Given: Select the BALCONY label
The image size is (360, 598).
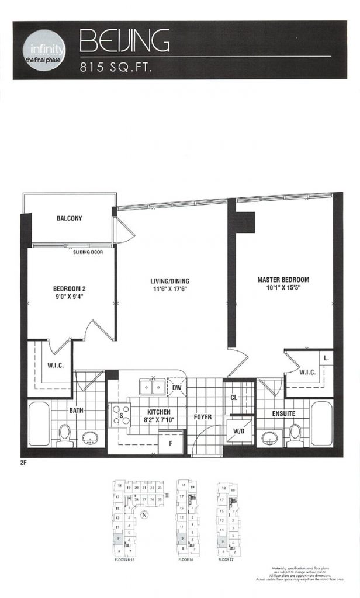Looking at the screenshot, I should (69, 219).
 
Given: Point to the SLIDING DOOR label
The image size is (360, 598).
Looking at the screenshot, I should (88, 253).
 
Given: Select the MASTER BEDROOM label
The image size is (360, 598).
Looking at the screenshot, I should (283, 280).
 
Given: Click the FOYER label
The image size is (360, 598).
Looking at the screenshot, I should (203, 417).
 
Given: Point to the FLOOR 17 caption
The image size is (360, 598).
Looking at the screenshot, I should (228, 559).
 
